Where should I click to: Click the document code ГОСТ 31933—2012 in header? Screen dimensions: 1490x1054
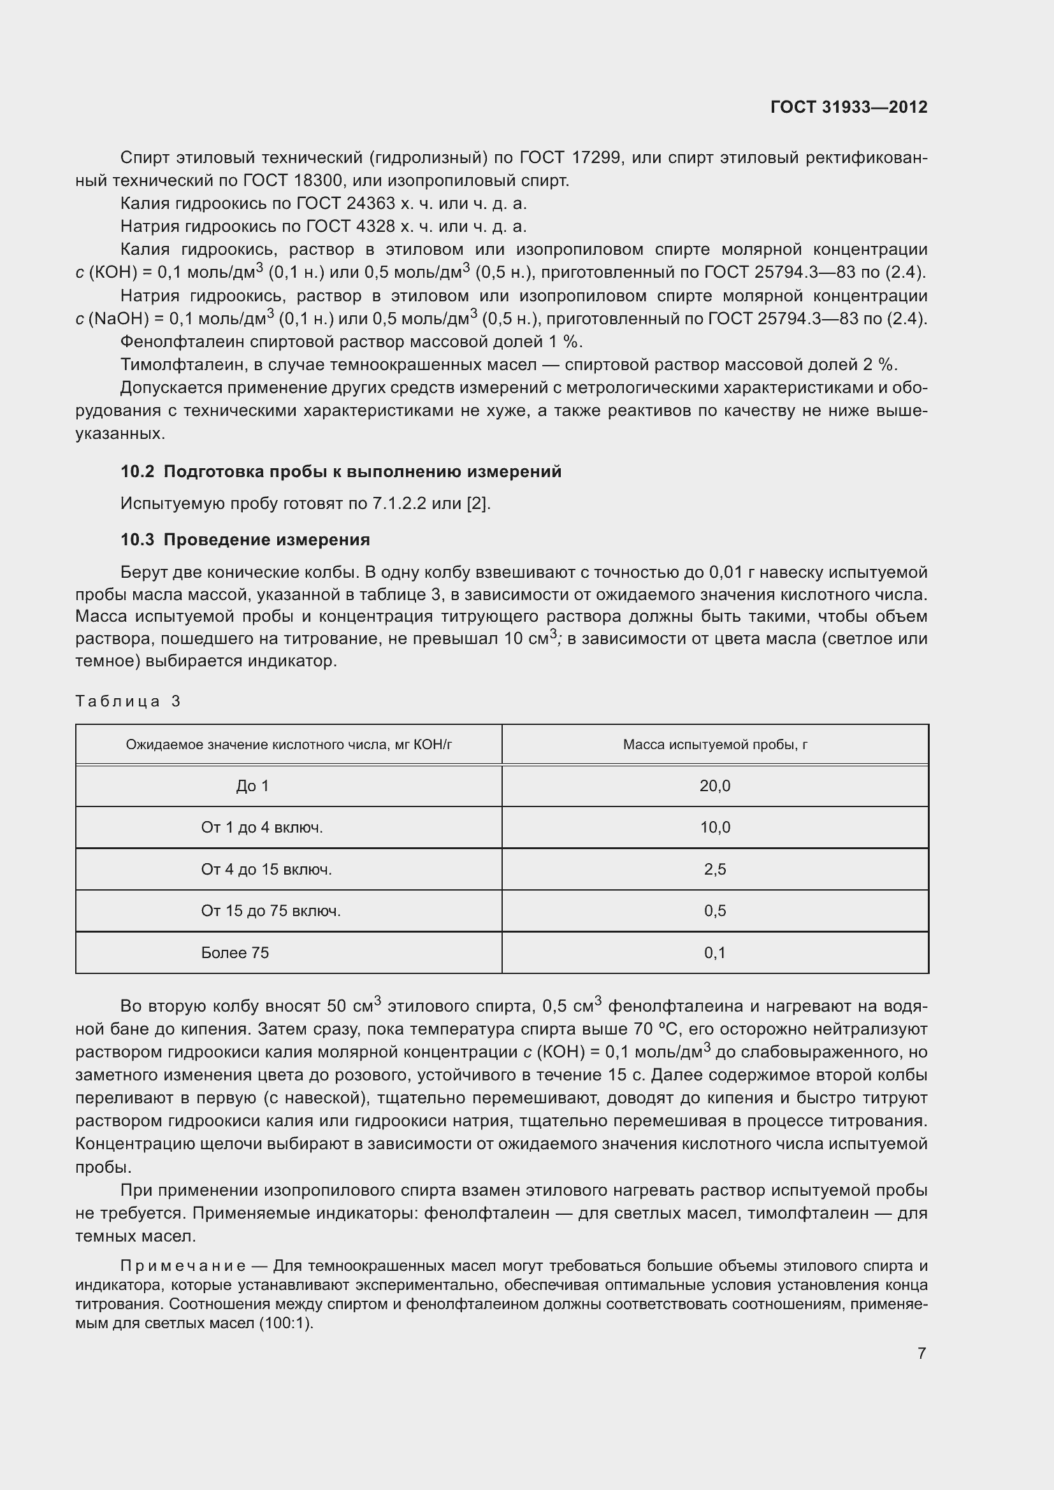[848, 107]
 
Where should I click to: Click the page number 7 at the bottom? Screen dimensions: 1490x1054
[921, 1353]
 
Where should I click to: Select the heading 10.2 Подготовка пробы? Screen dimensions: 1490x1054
[341, 472]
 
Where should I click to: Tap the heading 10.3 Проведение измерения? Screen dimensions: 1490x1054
[245, 540]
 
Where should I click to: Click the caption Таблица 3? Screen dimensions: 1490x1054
[128, 701]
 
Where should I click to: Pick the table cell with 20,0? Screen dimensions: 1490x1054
[714, 786]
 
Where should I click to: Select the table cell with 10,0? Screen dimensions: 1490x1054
[714, 827]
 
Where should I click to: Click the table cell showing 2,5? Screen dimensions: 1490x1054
[714, 869]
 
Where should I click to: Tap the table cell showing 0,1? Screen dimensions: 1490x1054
[714, 952]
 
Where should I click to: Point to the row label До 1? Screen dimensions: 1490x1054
[252, 786]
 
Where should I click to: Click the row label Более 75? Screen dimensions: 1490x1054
[235, 952]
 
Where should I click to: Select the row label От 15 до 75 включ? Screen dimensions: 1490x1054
[271, 911]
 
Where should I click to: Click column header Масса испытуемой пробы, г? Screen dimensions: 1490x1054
[714, 744]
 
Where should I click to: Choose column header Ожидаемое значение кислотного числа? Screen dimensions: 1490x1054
[289, 744]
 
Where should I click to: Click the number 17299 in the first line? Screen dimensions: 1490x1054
[596, 158]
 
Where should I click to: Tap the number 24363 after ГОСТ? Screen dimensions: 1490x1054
[371, 204]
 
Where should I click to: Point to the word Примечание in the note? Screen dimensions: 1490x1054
[182, 1266]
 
